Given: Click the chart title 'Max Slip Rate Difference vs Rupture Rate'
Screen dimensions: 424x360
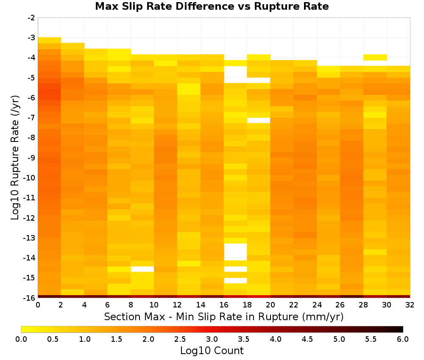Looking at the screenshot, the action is pyautogui.click(x=212, y=6).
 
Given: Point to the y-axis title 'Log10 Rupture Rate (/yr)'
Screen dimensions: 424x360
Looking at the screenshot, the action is pyautogui.click(x=15, y=158).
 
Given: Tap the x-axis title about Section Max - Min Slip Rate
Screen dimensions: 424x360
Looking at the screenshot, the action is pyautogui.click(x=223, y=316).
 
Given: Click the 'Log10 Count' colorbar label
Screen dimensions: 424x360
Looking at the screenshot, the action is pyautogui.click(x=212, y=351).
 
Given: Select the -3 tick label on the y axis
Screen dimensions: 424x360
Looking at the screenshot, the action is pyautogui.click(x=31, y=38).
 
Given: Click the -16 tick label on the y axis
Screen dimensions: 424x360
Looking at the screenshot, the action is pyautogui.click(x=30, y=298).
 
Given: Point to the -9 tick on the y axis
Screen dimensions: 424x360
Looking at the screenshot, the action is pyautogui.click(x=31, y=158).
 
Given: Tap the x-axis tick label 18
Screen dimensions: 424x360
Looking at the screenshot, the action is pyautogui.click(x=247, y=305).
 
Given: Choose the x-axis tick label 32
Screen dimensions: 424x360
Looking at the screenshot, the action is pyautogui.click(x=410, y=305).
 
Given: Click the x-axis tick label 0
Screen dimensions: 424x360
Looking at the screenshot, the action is pyautogui.click(x=38, y=305).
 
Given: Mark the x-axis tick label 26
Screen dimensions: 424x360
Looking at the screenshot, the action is pyautogui.click(x=340, y=305).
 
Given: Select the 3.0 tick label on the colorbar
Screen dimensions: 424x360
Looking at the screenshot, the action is pyautogui.click(x=212, y=339).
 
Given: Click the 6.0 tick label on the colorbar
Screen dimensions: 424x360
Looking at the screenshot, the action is pyautogui.click(x=403, y=339).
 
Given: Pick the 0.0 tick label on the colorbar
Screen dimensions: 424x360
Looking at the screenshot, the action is pyautogui.click(x=21, y=339).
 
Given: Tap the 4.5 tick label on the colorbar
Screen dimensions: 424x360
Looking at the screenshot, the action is pyautogui.click(x=307, y=339).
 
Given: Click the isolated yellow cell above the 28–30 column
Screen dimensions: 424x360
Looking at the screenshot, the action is pyautogui.click(x=375, y=57).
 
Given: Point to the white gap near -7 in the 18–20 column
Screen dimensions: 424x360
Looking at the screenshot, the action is pyautogui.click(x=259, y=120).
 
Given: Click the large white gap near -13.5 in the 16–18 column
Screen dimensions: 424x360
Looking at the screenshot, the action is pyautogui.click(x=235, y=252).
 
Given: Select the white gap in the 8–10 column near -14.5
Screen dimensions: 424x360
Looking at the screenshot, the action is pyautogui.click(x=142, y=269).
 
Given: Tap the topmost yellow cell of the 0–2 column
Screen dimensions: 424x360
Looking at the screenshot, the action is pyautogui.click(x=50, y=40).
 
